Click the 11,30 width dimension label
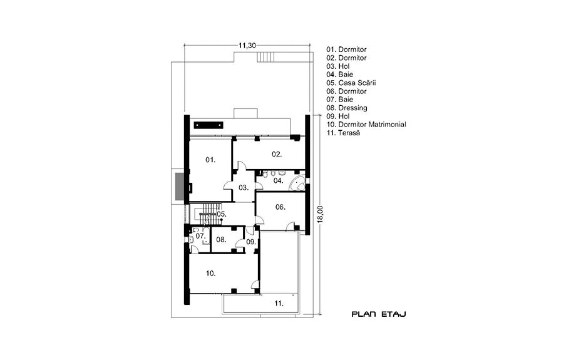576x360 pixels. point(247,46)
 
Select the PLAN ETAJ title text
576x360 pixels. point(379,314)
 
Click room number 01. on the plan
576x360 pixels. point(210,160)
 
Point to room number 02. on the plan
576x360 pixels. point(277,154)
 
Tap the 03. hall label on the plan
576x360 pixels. point(244,188)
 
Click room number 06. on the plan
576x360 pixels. point(280,207)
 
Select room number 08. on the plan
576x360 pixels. point(221,240)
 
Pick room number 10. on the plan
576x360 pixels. point(211,274)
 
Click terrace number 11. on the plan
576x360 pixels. point(279,304)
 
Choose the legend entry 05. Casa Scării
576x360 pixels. point(351,83)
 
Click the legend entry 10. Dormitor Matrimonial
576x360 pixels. point(366,125)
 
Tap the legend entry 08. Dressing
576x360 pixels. point(347,108)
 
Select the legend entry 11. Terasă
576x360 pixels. point(343,133)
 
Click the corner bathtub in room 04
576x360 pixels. point(297,183)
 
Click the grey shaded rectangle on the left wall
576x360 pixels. point(180,187)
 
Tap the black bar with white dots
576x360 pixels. point(208,125)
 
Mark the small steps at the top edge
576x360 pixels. point(263,57)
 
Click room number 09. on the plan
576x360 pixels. point(251,242)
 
